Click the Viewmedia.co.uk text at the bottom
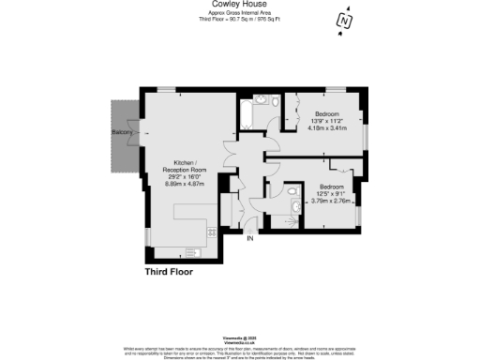pos(239,343)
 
